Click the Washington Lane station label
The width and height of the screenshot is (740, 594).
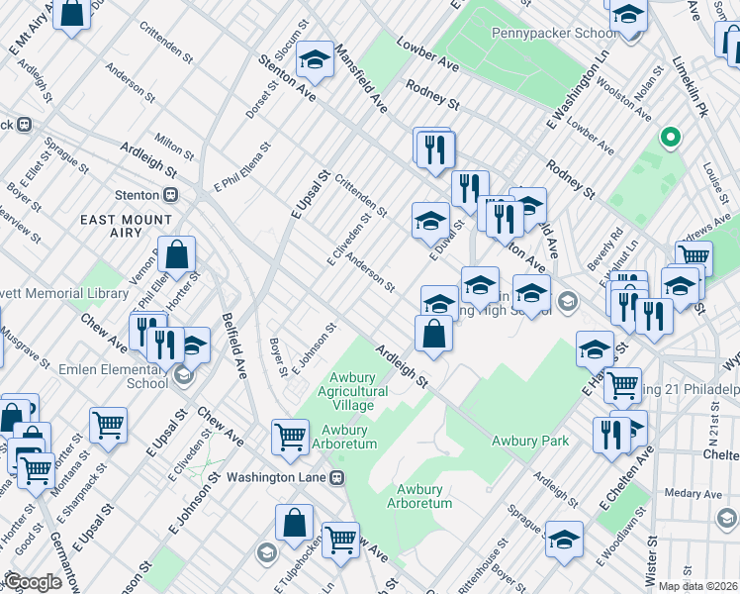pos(277,477)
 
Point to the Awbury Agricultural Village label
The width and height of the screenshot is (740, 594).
pos(345,391)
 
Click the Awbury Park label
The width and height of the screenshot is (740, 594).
pos(532,441)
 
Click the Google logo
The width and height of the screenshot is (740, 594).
pos(33,582)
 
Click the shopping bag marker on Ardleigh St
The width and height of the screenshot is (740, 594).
pos(434,333)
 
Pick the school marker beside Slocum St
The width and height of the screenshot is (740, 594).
pos(315,61)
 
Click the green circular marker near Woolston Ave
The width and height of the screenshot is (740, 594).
pos(671,138)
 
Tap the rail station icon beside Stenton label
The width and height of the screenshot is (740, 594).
pos(171,195)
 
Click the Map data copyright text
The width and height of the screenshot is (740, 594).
pos(697,586)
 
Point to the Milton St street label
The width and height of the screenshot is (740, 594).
pos(174,147)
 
